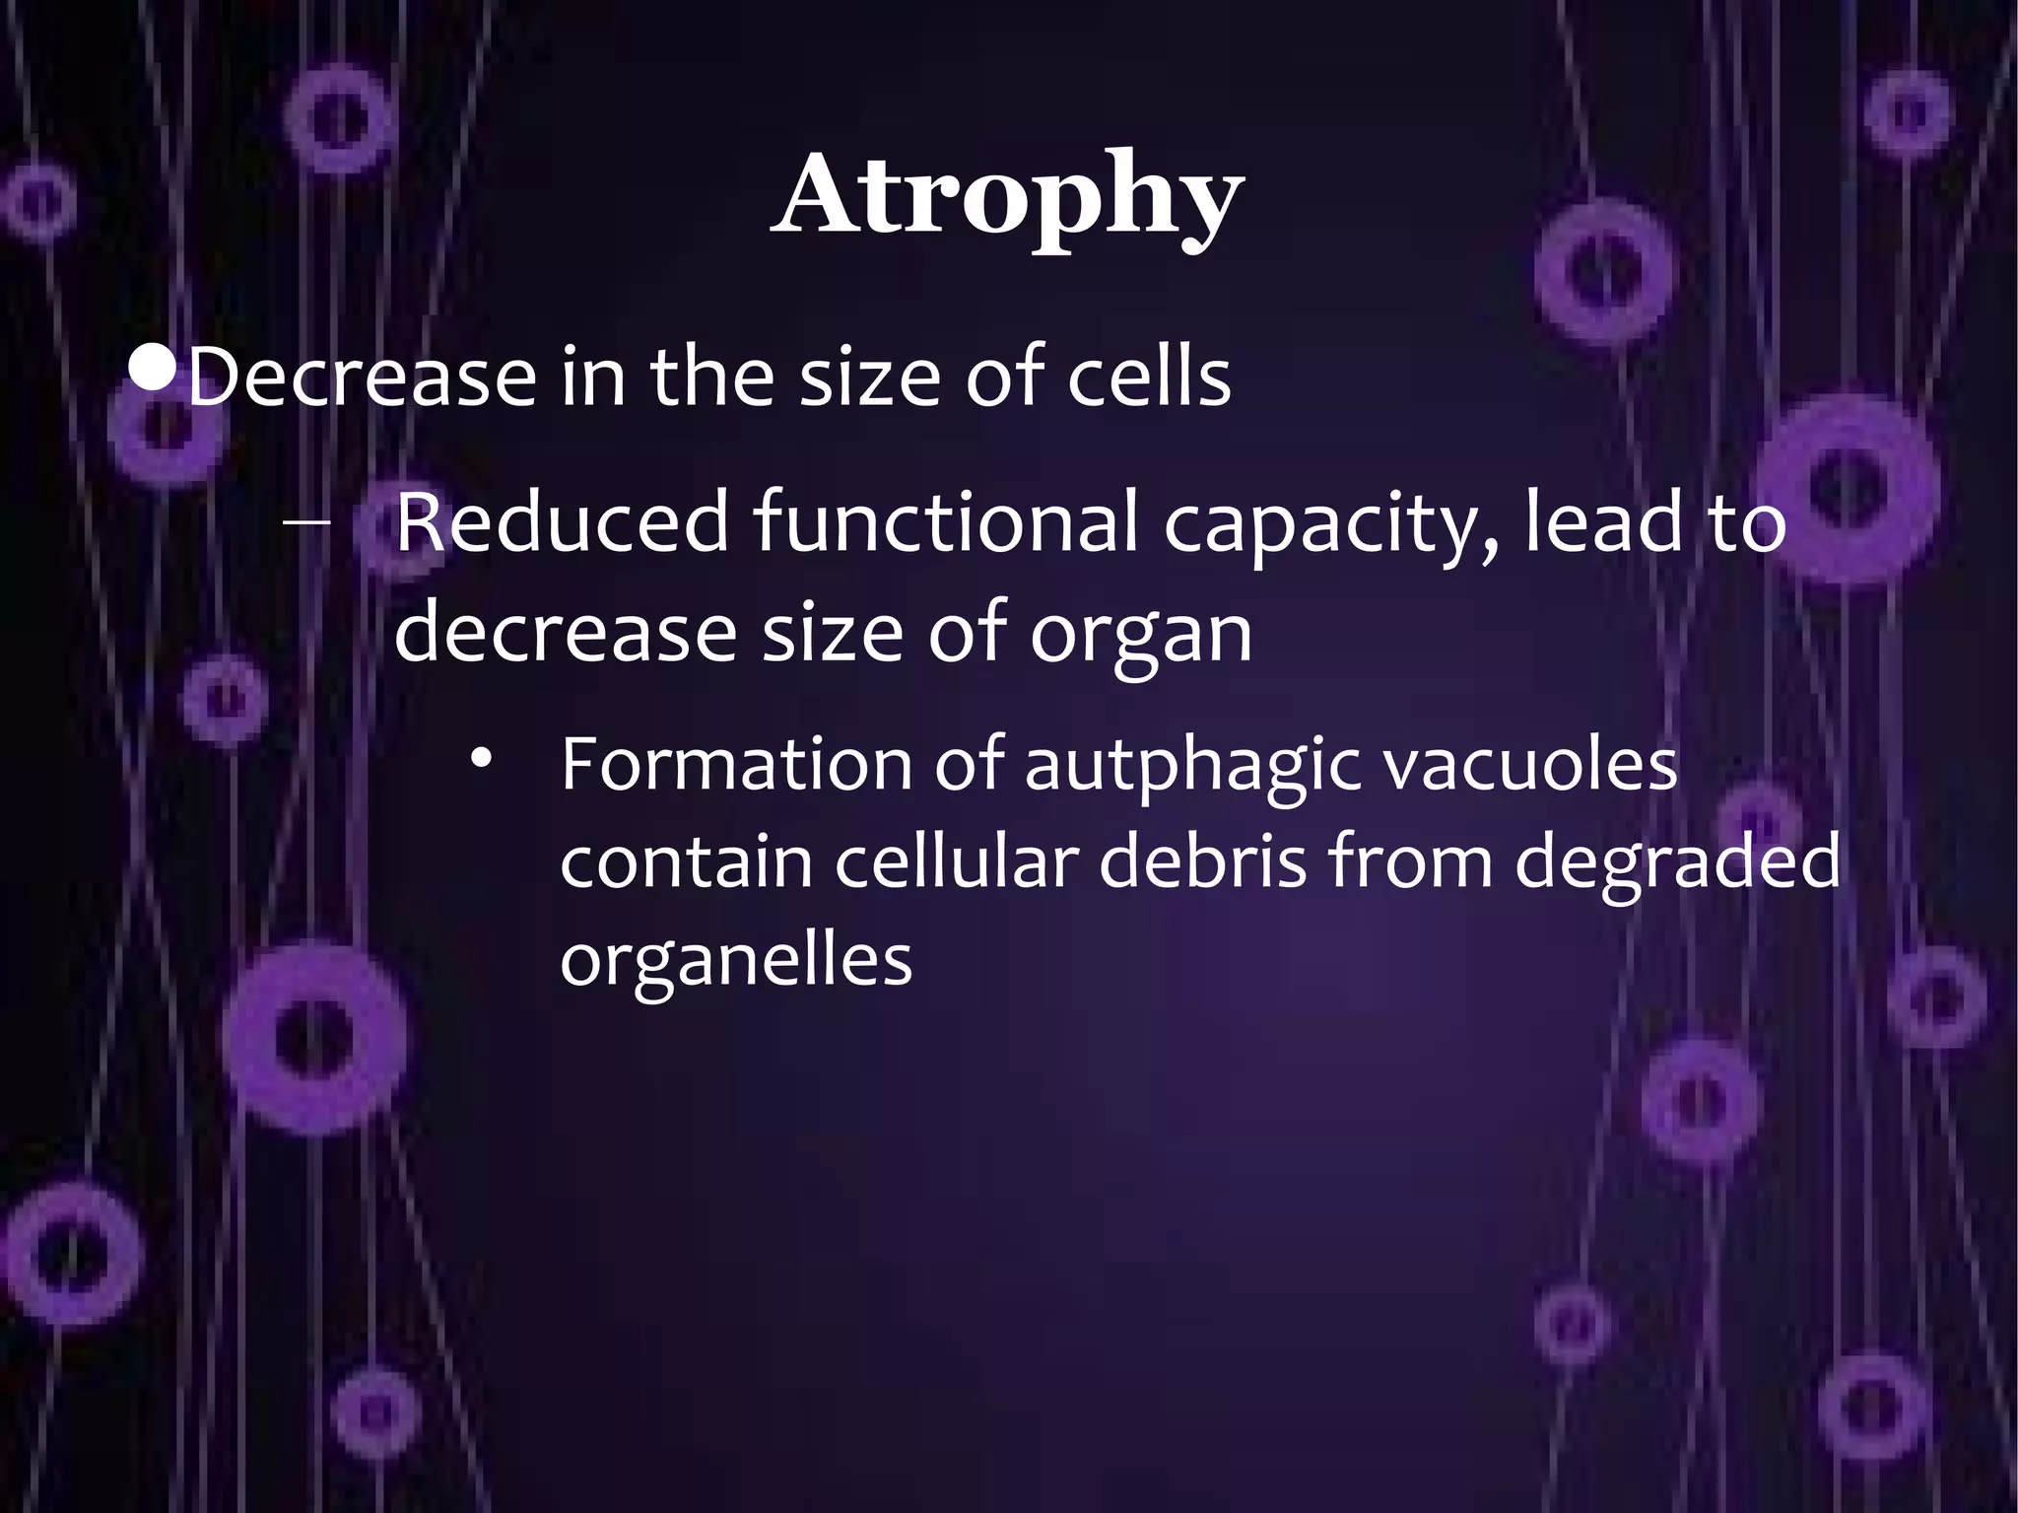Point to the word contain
pos(686,860)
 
